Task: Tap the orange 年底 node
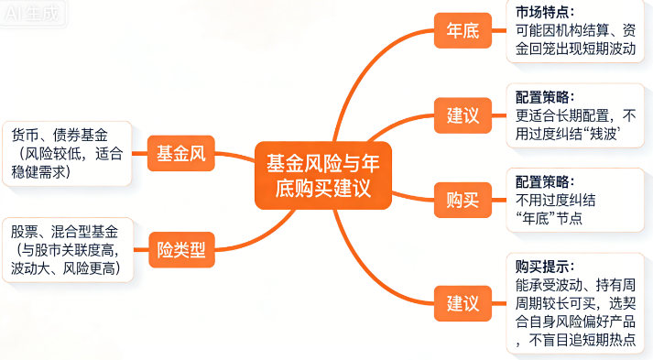[463, 31]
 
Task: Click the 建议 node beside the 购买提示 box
[463, 301]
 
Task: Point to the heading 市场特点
[545, 12]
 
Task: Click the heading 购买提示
[545, 267]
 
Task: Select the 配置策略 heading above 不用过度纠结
[545, 181]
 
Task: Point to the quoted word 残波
[605, 134]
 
